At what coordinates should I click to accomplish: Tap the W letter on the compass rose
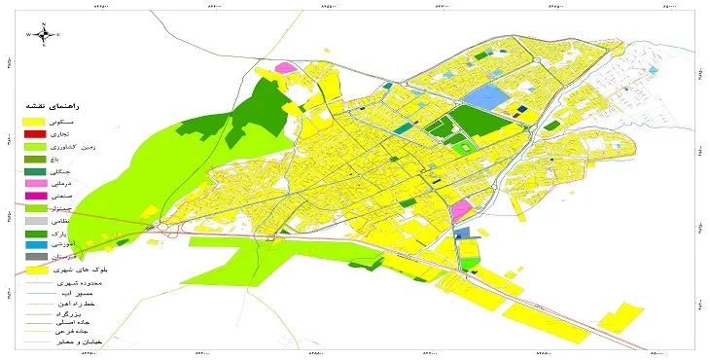click(29, 35)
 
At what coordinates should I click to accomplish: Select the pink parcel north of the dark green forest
click(285, 67)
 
